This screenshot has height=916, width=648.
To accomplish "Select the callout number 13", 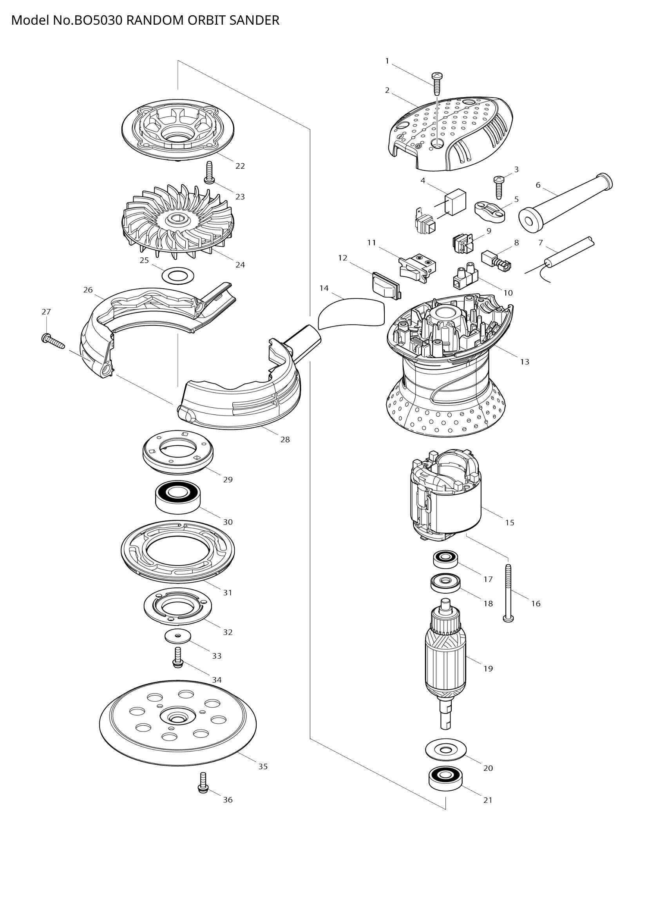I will (x=524, y=362).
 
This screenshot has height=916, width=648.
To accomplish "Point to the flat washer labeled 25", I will (x=178, y=275).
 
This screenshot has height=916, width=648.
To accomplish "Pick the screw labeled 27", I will (x=52, y=340).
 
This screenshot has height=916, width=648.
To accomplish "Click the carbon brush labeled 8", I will (x=496, y=261).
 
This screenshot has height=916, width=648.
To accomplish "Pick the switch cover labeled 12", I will (x=386, y=285).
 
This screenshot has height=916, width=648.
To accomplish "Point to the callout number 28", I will (x=285, y=440).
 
